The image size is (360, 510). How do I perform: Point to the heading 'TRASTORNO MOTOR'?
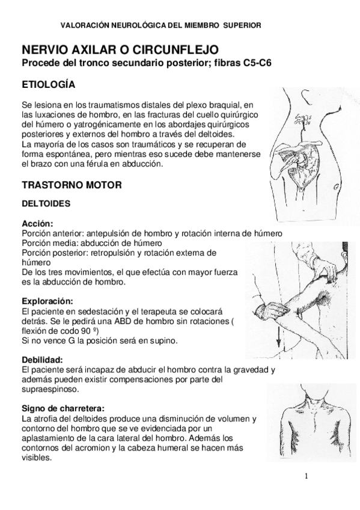click(x=72, y=185)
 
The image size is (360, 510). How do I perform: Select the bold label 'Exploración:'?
click(x=47, y=300)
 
